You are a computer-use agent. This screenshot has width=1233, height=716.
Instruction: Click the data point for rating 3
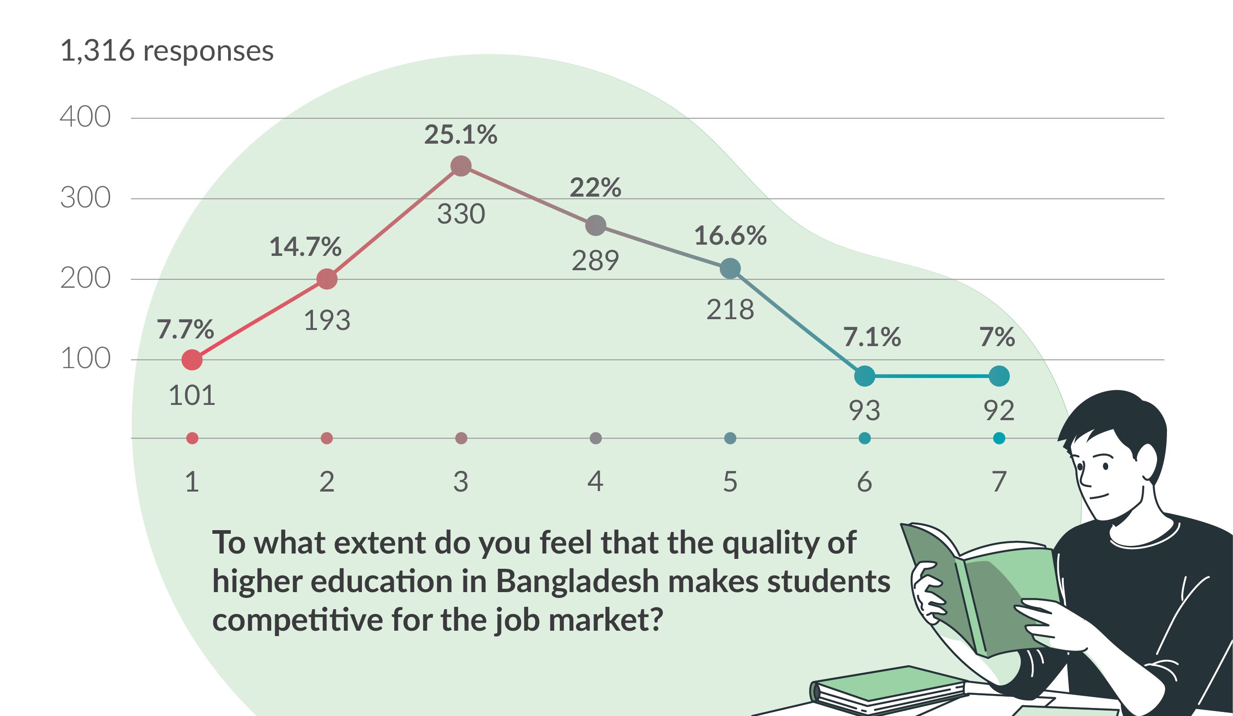tap(460, 166)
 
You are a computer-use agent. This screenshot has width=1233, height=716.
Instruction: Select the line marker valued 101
tap(192, 360)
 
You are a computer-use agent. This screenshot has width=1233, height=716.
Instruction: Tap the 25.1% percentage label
tap(460, 135)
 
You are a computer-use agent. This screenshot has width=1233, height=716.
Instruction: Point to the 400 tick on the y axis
tap(85, 117)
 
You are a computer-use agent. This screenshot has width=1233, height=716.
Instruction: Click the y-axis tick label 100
tap(85, 359)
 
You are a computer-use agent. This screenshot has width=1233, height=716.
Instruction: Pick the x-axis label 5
tap(730, 482)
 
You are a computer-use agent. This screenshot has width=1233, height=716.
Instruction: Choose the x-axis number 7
tap(999, 482)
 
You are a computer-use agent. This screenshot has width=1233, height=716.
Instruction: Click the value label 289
tap(595, 261)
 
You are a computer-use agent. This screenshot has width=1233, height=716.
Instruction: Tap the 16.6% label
tap(730, 236)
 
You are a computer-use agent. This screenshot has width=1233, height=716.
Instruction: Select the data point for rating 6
tap(864, 376)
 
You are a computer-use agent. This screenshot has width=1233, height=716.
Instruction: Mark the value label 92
tap(999, 410)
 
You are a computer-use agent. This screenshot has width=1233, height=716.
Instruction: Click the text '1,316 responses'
tap(166, 50)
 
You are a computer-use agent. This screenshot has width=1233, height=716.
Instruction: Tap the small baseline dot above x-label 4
tap(595, 438)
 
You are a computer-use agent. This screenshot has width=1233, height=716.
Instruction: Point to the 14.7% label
tap(305, 246)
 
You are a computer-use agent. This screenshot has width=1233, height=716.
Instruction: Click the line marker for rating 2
tap(327, 279)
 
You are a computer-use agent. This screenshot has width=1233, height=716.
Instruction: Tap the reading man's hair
tap(1120, 421)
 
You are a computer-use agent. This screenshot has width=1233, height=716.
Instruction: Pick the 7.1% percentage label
tap(872, 337)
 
